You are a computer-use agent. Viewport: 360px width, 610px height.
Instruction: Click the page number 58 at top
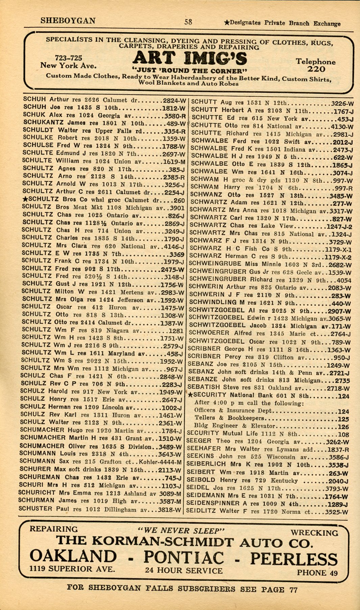[x=188, y=22]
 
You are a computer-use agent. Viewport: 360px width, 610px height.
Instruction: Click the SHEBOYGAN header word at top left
[x=68, y=21]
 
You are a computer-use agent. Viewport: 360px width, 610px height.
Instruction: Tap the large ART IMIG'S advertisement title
[x=190, y=59]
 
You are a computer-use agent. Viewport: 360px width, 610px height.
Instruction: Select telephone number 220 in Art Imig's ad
[x=316, y=69]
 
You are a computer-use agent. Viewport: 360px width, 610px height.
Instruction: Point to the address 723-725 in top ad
[x=69, y=58]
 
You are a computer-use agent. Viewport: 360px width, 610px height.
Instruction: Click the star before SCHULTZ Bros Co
[x=25, y=199]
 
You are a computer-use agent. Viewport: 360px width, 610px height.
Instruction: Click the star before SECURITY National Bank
[x=190, y=395]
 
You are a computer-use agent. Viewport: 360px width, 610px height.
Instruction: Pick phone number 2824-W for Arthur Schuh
[x=174, y=101]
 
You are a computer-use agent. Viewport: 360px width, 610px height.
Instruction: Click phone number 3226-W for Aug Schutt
[x=342, y=104]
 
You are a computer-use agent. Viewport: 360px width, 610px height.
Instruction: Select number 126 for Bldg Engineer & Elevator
[x=343, y=427]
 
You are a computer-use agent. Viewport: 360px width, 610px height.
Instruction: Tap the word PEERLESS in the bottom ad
[x=294, y=559]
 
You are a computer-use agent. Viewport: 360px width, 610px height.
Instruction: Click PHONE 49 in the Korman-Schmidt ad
[x=317, y=573]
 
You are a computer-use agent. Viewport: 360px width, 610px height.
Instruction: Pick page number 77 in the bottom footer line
[x=293, y=589]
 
